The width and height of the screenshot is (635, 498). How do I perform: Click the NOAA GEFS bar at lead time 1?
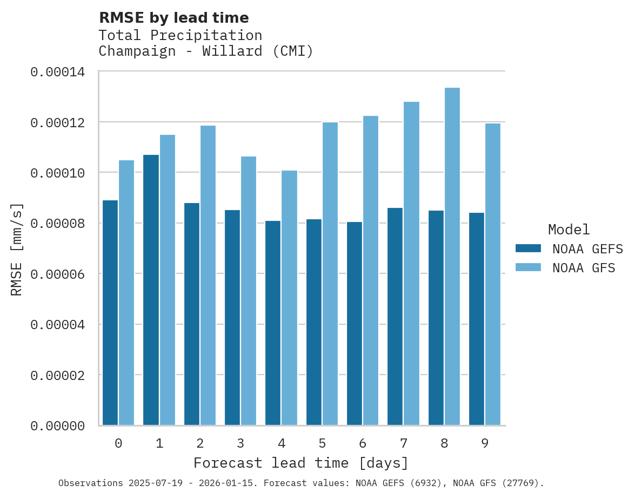click(x=151, y=290)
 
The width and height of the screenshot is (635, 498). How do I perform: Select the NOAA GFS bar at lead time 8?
click(x=452, y=257)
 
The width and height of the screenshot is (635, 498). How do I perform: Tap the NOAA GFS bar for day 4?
click(x=289, y=298)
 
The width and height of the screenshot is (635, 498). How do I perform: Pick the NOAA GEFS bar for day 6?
click(x=355, y=324)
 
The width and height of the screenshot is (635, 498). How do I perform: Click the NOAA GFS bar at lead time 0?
click(x=126, y=293)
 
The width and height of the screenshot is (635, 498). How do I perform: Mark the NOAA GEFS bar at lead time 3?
click(x=232, y=318)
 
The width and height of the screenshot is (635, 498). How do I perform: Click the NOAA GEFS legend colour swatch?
click(x=528, y=248)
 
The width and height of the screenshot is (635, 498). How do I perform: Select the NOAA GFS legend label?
click(x=584, y=268)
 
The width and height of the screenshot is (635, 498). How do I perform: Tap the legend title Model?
click(x=569, y=230)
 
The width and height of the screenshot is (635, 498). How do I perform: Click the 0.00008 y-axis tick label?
click(x=57, y=224)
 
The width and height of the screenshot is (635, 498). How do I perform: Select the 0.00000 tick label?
click(x=57, y=427)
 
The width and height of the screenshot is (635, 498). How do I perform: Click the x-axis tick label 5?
click(x=322, y=444)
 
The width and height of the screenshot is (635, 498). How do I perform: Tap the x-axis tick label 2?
click(x=200, y=444)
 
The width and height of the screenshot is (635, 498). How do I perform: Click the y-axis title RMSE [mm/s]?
click(x=17, y=250)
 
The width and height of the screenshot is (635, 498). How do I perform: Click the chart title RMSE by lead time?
click(x=173, y=18)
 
